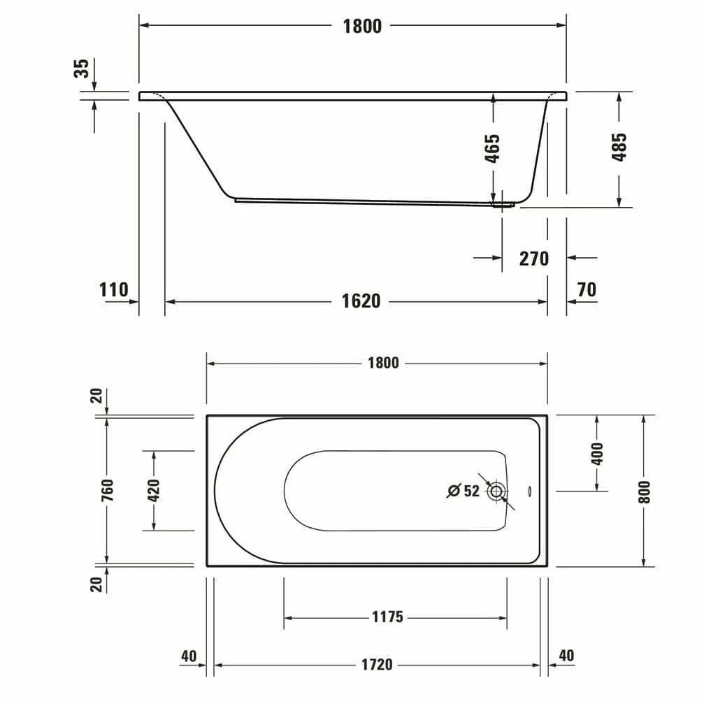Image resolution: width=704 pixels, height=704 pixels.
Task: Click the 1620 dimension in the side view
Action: point(361,301)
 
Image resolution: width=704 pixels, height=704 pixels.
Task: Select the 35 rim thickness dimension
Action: point(82,69)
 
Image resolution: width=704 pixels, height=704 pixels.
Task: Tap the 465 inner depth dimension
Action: point(492,148)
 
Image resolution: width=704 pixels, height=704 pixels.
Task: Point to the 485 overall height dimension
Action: point(619,147)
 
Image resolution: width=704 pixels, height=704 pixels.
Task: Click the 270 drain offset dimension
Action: point(533,259)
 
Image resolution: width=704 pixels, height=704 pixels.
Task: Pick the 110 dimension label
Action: point(113,289)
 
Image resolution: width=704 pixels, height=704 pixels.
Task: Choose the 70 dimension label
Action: point(587,289)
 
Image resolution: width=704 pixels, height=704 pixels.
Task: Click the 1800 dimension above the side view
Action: point(362,27)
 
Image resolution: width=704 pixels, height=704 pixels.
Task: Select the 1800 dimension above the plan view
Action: point(384,364)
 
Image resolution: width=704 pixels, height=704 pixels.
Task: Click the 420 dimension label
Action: point(155,490)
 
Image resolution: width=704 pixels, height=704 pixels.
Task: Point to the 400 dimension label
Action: point(596,454)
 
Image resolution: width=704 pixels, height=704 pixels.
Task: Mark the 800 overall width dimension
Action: point(644,491)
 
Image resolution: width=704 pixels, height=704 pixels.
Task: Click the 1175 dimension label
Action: point(387,617)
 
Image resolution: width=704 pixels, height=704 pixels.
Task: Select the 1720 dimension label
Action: point(377,665)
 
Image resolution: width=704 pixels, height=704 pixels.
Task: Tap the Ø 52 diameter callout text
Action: point(464,491)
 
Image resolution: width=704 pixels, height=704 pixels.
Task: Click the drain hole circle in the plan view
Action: point(496,491)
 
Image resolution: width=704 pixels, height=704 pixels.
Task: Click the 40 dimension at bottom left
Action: point(189,656)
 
